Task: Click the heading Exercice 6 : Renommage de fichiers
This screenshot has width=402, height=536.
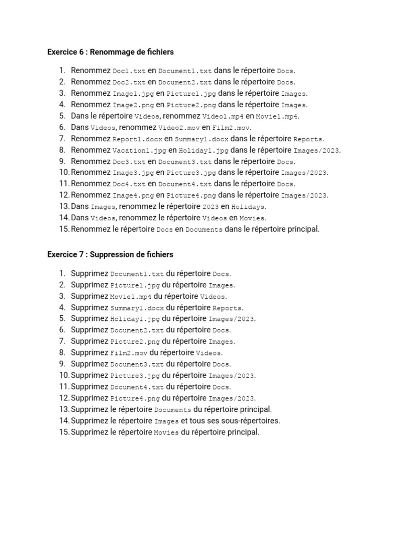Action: tap(110, 52)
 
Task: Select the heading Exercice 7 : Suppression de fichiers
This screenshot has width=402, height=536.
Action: tap(110, 254)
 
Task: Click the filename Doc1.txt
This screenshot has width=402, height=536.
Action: tap(129, 71)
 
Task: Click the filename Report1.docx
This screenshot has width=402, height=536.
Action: tap(137, 139)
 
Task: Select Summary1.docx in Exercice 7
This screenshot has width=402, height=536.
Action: tap(135, 308)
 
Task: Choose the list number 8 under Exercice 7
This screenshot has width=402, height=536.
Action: tap(62, 353)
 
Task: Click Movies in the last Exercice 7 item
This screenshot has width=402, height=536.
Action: tap(166, 433)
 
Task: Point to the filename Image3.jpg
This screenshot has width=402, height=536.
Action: tap(133, 173)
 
